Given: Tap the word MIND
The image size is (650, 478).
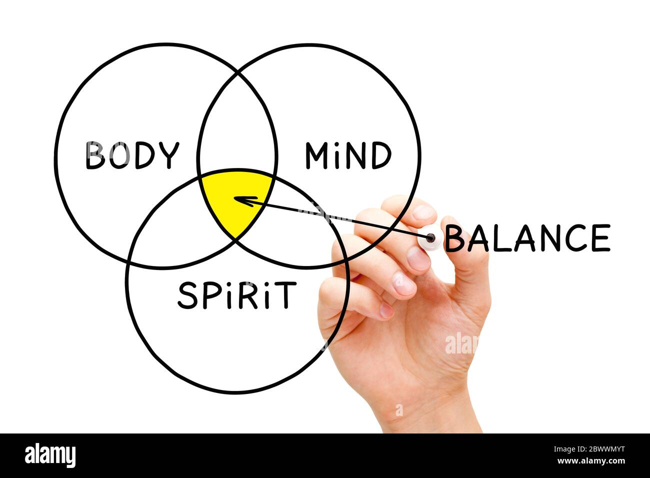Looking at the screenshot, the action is (x=348, y=155).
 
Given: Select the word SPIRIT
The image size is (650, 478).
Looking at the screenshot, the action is (x=236, y=295).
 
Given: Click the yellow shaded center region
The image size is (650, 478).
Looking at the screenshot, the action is (x=235, y=200).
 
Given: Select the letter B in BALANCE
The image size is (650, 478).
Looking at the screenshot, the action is (x=455, y=238).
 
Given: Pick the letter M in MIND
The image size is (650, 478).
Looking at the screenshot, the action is (x=316, y=155).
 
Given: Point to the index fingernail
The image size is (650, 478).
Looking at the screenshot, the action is (x=423, y=212).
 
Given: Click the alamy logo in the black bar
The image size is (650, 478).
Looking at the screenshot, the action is (x=50, y=455).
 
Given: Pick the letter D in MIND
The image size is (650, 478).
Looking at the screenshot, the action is (x=381, y=155).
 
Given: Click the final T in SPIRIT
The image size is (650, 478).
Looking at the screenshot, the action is (x=287, y=295).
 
